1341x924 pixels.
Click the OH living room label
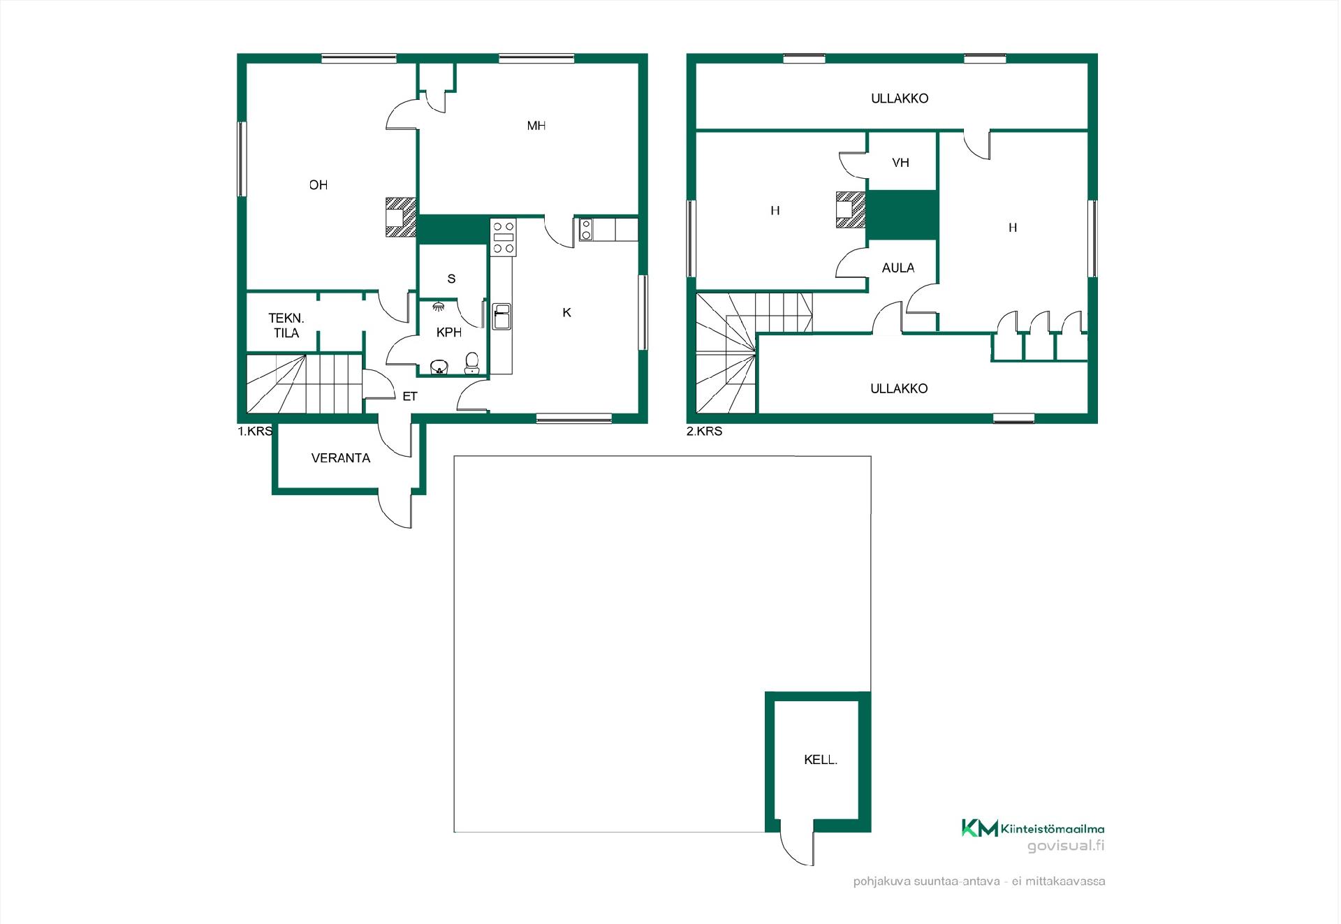(318, 185)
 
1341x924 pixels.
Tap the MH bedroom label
(536, 126)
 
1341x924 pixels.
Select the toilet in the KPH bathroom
(472, 362)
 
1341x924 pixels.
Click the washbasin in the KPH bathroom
(439, 367)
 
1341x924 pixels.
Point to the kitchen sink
(501, 316)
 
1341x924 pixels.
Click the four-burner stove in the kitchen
(504, 237)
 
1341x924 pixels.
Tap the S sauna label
(451, 279)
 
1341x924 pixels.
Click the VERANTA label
(341, 458)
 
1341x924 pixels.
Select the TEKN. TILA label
(286, 325)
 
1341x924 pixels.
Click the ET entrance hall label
(410, 397)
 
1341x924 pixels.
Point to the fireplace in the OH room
(401, 217)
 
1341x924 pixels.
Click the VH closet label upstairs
(900, 163)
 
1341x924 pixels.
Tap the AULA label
(898, 267)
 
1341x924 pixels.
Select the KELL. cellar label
(821, 760)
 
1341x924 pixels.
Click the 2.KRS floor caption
(704, 432)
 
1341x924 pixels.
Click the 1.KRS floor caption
(255, 432)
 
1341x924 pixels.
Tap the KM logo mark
(980, 828)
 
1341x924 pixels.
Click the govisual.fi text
(1066, 846)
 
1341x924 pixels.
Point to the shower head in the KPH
(438, 306)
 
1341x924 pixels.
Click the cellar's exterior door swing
(797, 849)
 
